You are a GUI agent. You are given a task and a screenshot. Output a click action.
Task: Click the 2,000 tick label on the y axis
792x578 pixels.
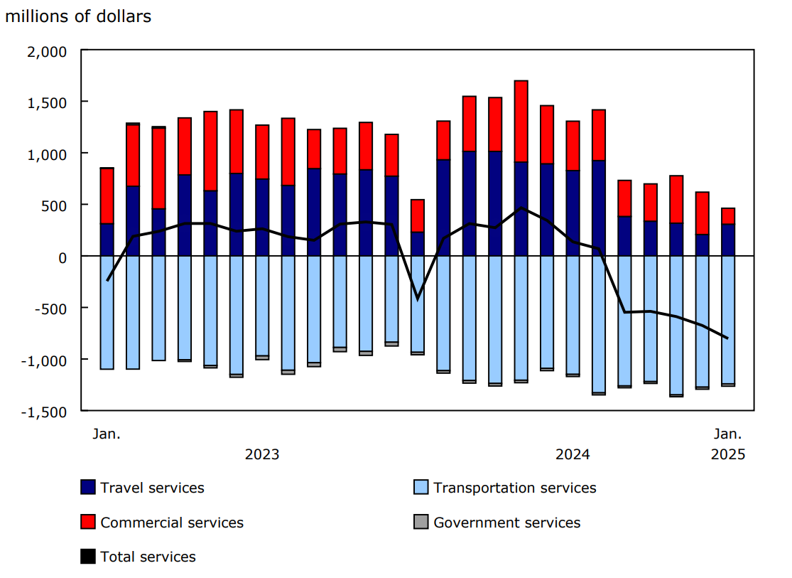[47, 51]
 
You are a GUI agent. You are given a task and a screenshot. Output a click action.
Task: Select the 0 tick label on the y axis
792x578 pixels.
[62, 257]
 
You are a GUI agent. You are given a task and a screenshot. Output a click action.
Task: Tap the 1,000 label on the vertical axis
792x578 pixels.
[47, 154]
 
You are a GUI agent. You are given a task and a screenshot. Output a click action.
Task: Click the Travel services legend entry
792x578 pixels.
[152, 488]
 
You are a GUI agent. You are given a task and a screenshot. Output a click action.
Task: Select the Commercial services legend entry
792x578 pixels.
[171, 523]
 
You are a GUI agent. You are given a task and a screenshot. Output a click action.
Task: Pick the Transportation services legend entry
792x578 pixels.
[514, 488]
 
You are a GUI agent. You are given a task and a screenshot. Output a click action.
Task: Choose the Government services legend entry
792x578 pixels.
[506, 523]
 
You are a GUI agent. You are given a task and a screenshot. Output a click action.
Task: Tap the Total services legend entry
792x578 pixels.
[148, 557]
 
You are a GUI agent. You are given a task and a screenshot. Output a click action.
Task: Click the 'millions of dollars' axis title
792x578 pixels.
[78, 16]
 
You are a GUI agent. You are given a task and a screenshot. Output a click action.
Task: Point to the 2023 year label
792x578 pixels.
[262, 454]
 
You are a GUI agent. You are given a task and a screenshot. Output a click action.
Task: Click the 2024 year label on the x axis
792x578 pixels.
[573, 454]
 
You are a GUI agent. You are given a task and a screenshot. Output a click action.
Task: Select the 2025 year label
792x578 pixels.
[728, 454]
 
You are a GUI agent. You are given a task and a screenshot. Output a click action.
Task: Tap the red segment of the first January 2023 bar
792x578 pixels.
[107, 196]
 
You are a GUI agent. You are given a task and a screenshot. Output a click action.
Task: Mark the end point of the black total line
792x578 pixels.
[728, 338]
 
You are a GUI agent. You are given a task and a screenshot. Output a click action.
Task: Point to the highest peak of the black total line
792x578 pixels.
[521, 208]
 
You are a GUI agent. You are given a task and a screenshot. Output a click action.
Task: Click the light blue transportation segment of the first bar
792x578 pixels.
[107, 313]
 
